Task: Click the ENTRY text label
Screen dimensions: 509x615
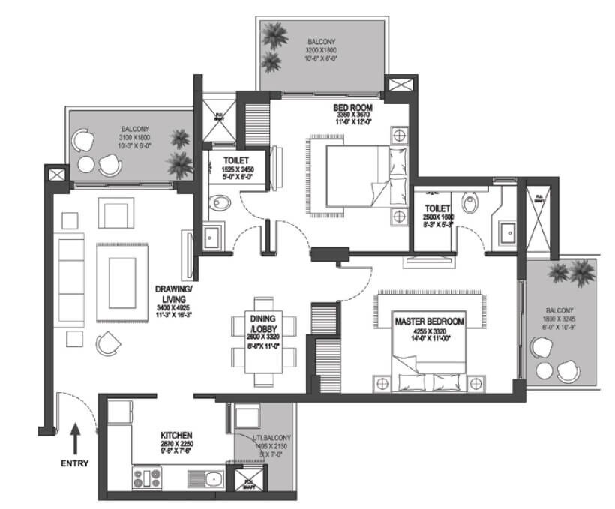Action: (x=74, y=463)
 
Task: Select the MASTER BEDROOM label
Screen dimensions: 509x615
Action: (x=429, y=321)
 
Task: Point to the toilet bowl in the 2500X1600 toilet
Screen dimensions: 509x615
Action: (x=471, y=202)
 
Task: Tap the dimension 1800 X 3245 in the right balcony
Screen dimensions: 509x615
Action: (x=559, y=319)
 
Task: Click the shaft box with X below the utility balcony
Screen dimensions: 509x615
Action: (x=244, y=483)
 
